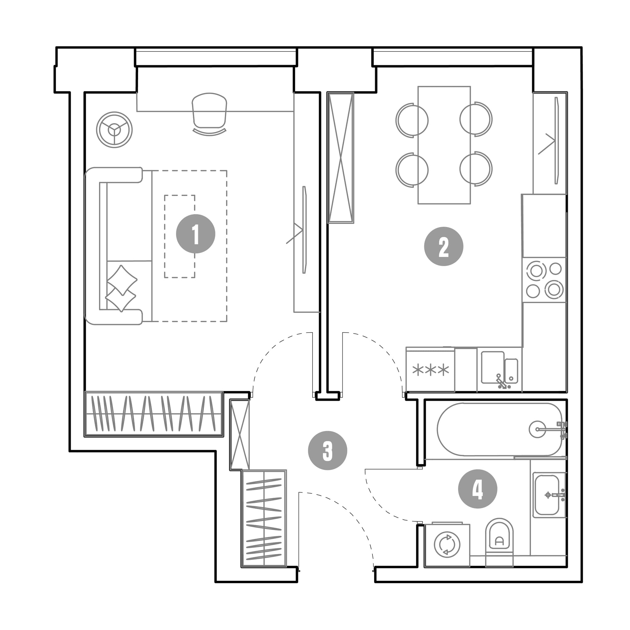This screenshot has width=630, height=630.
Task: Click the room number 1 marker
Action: click(195, 233)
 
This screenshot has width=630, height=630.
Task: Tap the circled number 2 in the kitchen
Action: click(444, 246)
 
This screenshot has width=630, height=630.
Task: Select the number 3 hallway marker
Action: click(327, 451)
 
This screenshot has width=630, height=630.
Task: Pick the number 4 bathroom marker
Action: click(478, 489)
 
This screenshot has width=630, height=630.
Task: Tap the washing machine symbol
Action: click(447, 545)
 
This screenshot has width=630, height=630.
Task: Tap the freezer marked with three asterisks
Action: click(430, 369)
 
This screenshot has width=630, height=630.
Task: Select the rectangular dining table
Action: click(444, 145)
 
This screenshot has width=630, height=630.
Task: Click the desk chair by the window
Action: click(209, 114)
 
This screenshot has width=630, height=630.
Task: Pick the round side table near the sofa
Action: click(114, 130)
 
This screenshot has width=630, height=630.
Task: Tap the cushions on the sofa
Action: click(121, 289)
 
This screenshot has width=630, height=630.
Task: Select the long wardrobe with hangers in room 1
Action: click(154, 414)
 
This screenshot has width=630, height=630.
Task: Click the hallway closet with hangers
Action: click(264, 519)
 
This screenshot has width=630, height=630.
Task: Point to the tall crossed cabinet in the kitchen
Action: click(341, 158)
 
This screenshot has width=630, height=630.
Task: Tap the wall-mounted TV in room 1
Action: click(305, 229)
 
